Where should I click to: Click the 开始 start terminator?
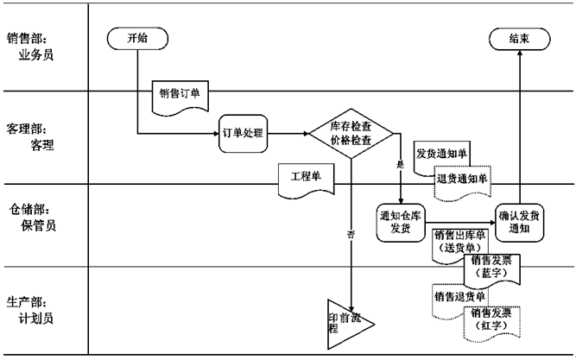coord(137,38)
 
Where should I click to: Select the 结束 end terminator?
coord(519,38)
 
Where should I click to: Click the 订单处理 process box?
coord(242,134)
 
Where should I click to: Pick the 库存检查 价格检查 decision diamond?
coord(351,134)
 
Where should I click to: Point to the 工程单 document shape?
coord(305,177)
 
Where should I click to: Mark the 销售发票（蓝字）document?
coord(491,267)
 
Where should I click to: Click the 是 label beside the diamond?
coord(400,163)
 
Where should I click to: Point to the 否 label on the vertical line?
coord(351,234)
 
